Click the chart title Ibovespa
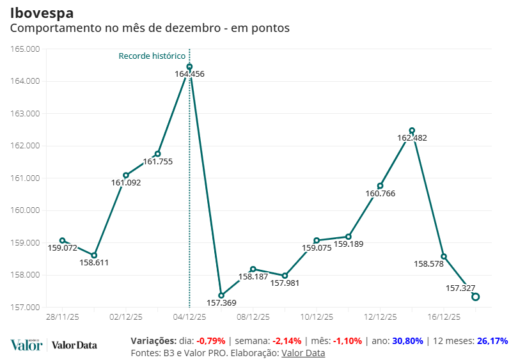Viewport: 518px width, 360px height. click(42, 13)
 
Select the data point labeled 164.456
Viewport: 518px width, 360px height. click(189, 67)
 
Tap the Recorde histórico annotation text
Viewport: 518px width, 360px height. click(152, 56)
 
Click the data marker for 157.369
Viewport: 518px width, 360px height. click(221, 295)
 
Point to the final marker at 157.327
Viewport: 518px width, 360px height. click(476, 297)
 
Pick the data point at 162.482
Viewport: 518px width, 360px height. click(412, 130)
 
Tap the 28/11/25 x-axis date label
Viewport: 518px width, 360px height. click(63, 317)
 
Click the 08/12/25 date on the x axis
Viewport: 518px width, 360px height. click(253, 317)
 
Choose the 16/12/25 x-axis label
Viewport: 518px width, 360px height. click(444, 317)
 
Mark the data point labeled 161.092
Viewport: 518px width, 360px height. click(126, 175)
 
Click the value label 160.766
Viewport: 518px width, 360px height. click(380, 193)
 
